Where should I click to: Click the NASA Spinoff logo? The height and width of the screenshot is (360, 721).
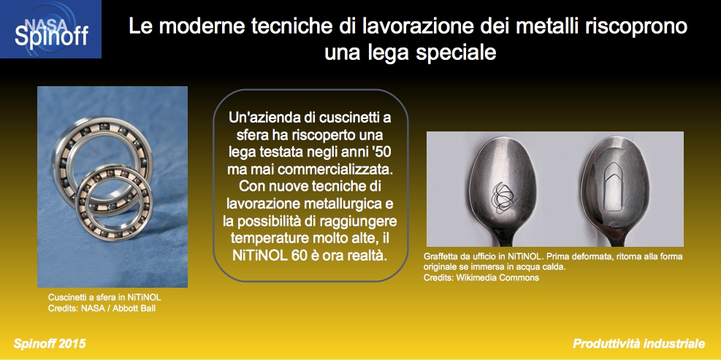[x=50, y=29]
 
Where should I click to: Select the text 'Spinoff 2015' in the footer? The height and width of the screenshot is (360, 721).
[x=49, y=344]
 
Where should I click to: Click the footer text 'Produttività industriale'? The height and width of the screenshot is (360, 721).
[x=638, y=344]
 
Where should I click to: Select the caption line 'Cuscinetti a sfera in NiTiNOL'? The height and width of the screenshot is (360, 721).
[x=104, y=297]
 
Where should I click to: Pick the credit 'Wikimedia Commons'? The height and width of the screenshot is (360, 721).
[x=497, y=277]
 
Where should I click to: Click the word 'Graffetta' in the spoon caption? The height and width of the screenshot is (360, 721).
[x=440, y=256]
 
